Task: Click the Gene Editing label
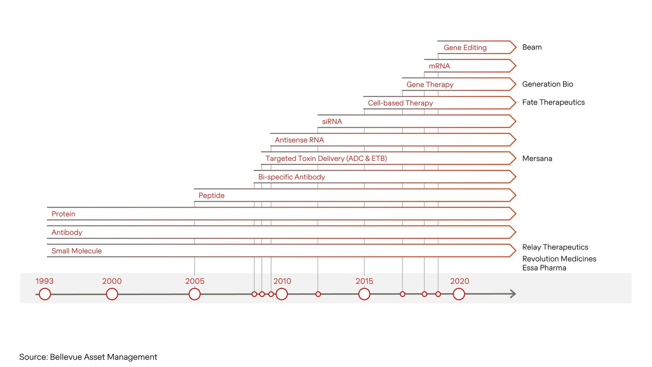(465, 48)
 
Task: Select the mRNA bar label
(439, 66)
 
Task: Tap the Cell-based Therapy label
(400, 103)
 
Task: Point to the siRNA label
(332, 122)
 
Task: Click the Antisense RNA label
(299, 140)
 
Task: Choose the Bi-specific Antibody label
(292, 177)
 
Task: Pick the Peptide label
(211, 195)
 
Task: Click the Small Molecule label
(76, 251)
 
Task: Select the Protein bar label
(63, 214)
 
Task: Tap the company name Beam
(532, 47)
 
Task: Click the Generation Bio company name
(548, 84)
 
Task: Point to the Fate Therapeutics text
(553, 103)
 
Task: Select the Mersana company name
(537, 159)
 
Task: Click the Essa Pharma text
(544, 268)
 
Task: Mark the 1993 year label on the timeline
(44, 281)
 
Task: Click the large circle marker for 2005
(195, 294)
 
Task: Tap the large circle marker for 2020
(459, 294)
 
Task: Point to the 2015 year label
(364, 281)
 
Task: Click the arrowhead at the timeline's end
(512, 294)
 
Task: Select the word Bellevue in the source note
(69, 357)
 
